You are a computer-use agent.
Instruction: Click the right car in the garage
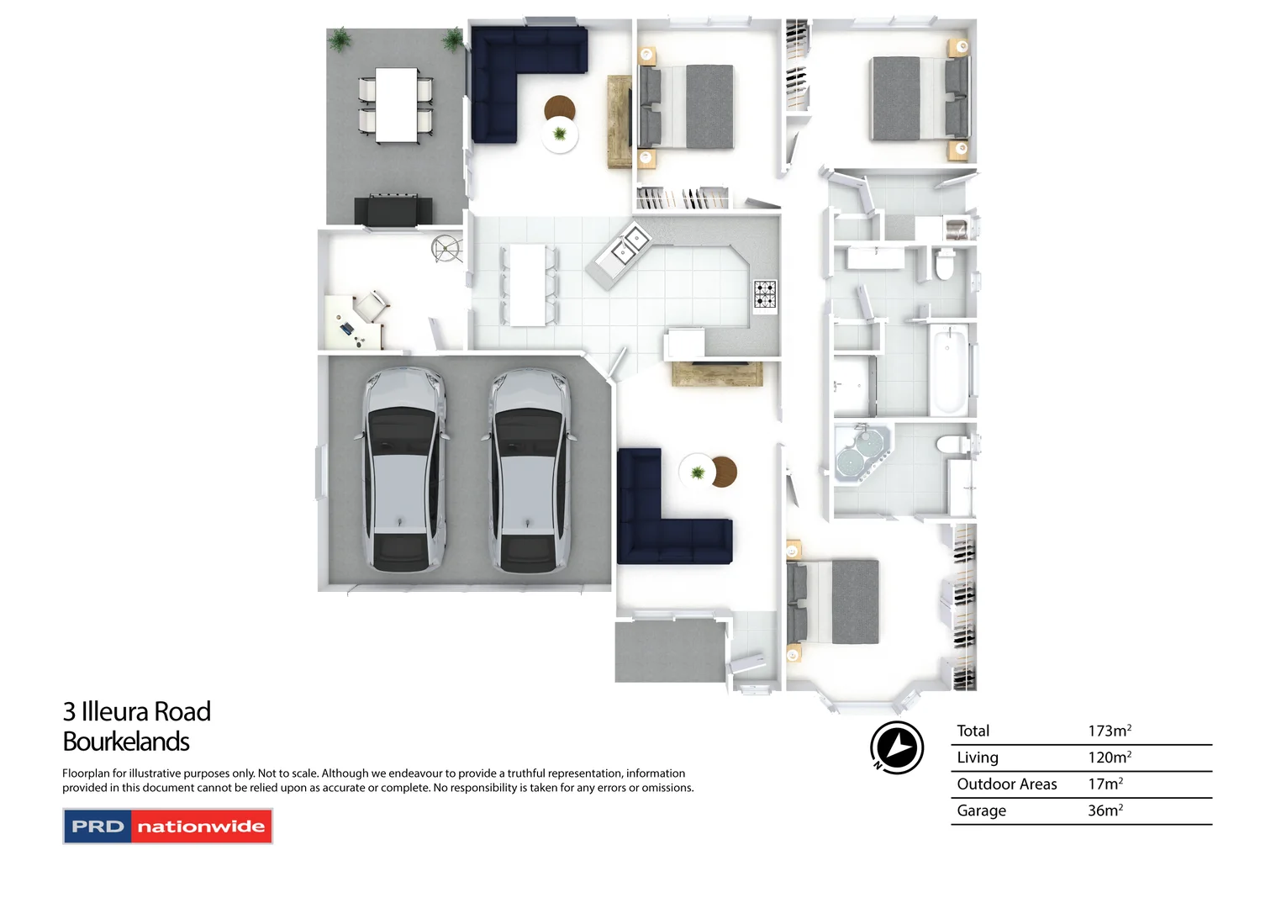pyautogui.click(x=530, y=471)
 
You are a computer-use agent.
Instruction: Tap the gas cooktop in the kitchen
pyautogui.click(x=765, y=294)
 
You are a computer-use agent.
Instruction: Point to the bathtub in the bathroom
pyautogui.click(x=948, y=370)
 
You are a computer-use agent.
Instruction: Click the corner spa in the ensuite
pyautogui.click(x=861, y=453)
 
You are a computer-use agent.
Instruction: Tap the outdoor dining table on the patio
pyautogui.click(x=396, y=105)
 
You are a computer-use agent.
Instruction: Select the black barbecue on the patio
pyautogui.click(x=393, y=210)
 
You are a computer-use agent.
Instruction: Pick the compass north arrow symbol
pyautogui.click(x=897, y=747)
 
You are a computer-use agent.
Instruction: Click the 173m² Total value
pyautogui.click(x=1109, y=731)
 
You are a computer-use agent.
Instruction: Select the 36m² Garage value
pyautogui.click(x=1105, y=810)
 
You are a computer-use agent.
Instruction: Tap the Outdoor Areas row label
pyautogui.click(x=1006, y=784)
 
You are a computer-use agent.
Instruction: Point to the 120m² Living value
pyautogui.click(x=1109, y=758)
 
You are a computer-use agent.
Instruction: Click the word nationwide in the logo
pyautogui.click(x=201, y=826)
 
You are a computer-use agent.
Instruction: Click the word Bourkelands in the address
pyautogui.click(x=126, y=742)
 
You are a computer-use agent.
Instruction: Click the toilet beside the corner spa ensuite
pyautogui.click(x=953, y=445)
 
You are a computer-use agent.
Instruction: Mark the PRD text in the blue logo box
pyautogui.click(x=98, y=826)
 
